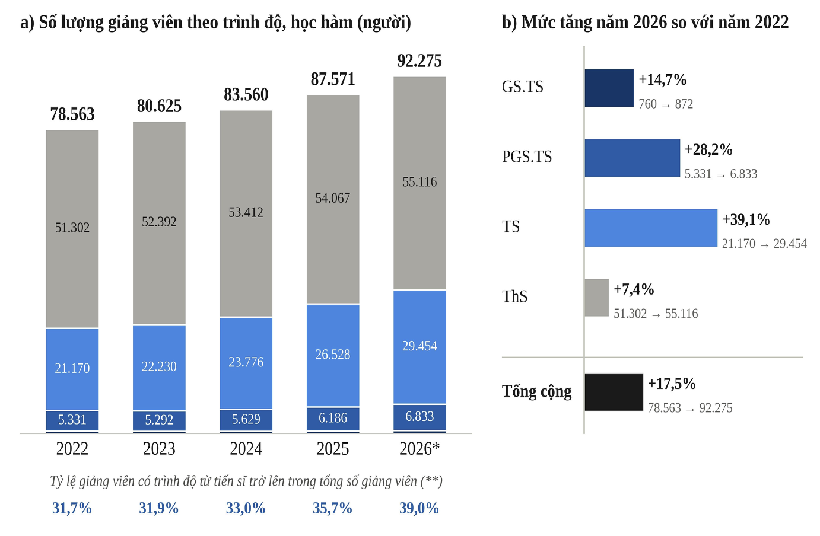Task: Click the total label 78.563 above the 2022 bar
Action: click(x=72, y=114)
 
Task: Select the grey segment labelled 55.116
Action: click(x=419, y=183)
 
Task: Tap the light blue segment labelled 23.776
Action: click(x=246, y=363)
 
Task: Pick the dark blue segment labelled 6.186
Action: click(x=333, y=419)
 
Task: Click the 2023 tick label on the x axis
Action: click(x=159, y=449)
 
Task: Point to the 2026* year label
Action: click(x=419, y=449)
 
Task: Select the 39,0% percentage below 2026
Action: click(x=419, y=508)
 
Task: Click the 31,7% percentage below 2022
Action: click(x=72, y=508)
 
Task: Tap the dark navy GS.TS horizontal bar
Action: click(x=609, y=88)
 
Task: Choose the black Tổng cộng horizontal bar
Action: click(x=614, y=392)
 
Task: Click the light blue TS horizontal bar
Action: click(x=651, y=228)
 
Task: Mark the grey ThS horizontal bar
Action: click(x=597, y=298)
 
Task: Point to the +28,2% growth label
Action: click(x=708, y=149)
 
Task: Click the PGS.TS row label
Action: click(x=527, y=157)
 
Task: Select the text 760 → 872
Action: click(x=666, y=104)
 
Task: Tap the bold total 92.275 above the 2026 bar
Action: click(x=419, y=61)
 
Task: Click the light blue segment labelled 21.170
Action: click(x=72, y=369)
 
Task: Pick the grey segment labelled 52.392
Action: click(x=159, y=223)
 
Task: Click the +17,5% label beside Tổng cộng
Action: click(x=672, y=384)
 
